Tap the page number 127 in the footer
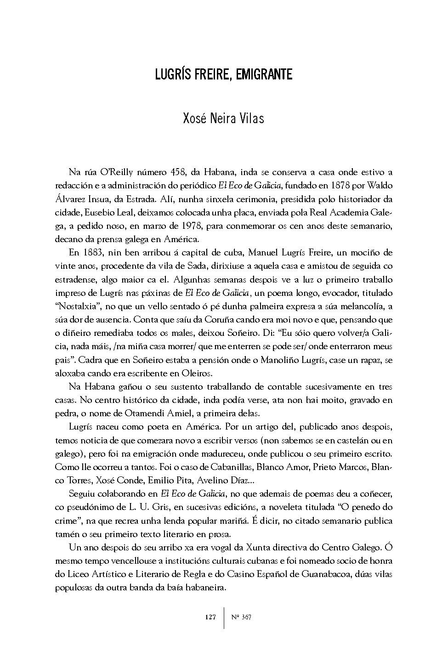coord(210,617)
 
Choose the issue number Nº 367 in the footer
coord(241,617)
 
